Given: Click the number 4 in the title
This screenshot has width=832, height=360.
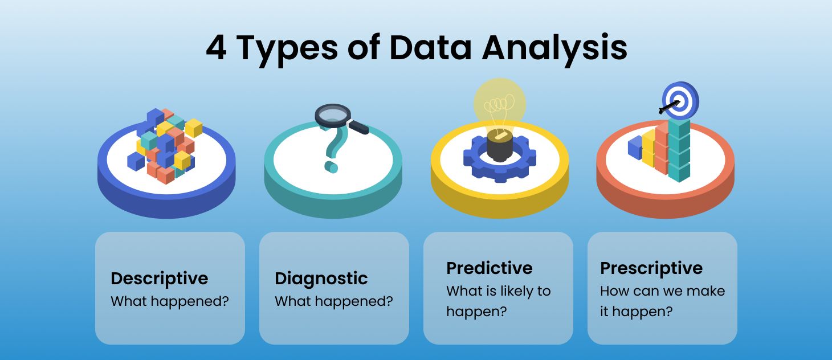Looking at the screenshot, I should [215, 48].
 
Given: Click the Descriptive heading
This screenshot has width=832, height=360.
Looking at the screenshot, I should [160, 279].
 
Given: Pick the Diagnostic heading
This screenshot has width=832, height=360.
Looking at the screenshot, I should [321, 279].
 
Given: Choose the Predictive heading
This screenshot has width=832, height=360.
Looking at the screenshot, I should [490, 268].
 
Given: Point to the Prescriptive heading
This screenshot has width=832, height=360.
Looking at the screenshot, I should [651, 268].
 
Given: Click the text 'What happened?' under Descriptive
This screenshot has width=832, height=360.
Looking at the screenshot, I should [170, 301].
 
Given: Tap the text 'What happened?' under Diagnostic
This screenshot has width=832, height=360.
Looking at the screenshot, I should [334, 301].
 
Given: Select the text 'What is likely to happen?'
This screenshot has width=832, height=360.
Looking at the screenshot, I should [498, 301].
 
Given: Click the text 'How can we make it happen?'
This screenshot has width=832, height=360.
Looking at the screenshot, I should [662, 301].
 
